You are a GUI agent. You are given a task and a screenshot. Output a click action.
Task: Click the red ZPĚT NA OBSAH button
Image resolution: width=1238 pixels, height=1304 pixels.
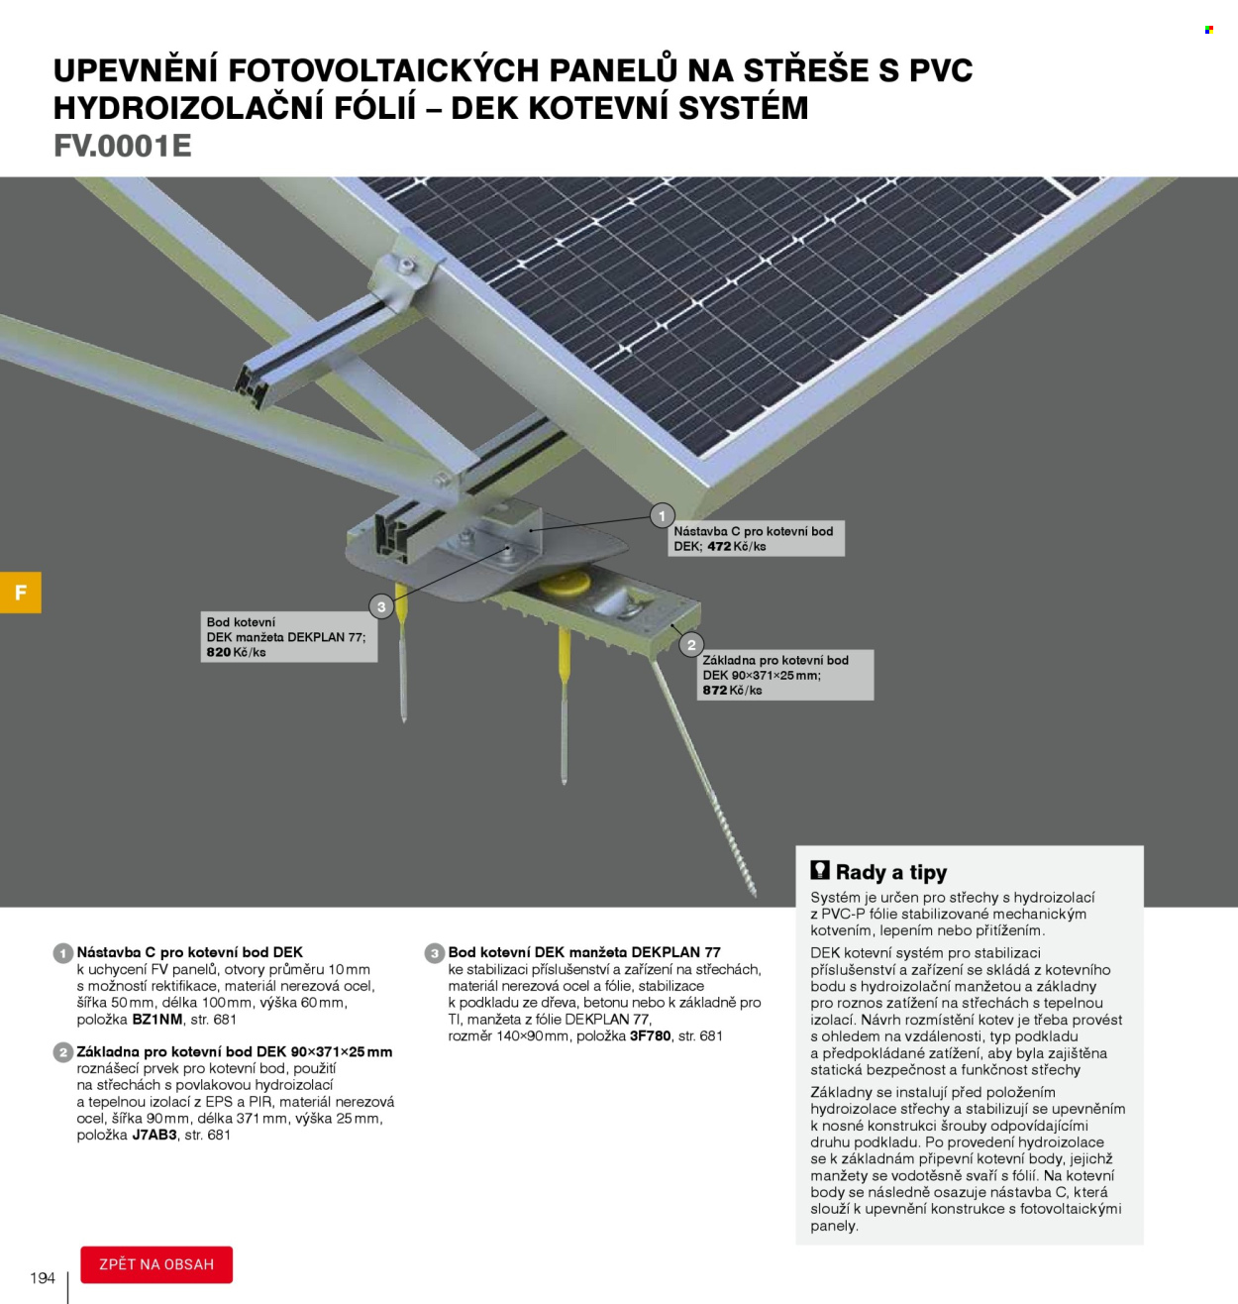pos(156,1264)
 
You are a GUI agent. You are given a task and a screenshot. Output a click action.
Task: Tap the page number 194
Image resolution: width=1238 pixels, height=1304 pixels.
pos(43,1278)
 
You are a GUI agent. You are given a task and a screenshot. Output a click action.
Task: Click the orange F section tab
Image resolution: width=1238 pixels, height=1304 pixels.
pos(21,593)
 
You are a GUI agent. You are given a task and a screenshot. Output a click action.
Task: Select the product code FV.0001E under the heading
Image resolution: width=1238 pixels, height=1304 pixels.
pos(123,146)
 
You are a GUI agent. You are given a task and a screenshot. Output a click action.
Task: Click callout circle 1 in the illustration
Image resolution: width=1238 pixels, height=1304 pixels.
pos(662,515)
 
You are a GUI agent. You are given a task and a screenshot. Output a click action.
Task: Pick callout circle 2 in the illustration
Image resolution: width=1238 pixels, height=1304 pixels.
pos(691,644)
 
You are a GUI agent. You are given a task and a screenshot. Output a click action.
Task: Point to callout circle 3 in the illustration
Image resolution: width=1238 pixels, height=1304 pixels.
pos(381,606)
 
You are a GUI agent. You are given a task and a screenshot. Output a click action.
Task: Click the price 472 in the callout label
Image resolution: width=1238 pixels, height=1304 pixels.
pos(719,547)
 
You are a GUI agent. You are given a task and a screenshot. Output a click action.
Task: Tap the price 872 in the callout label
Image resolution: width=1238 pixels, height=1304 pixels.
pos(715,690)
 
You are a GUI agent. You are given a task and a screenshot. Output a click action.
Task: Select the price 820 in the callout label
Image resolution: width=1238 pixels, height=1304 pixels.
pos(219,652)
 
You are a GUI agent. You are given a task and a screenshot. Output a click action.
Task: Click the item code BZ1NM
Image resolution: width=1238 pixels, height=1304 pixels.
pos(157,1019)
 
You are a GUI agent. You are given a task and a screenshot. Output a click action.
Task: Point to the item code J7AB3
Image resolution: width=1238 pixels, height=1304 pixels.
pos(155,1135)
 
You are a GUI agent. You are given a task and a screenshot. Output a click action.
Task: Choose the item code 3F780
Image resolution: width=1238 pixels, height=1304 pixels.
pos(651,1035)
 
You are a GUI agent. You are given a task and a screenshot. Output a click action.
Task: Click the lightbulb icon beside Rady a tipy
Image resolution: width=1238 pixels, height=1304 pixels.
pos(820,870)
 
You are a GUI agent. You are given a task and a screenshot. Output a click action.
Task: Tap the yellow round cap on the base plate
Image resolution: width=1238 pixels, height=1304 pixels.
pos(565,585)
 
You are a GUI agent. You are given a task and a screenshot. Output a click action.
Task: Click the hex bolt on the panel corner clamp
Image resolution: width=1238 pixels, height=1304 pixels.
pos(406,266)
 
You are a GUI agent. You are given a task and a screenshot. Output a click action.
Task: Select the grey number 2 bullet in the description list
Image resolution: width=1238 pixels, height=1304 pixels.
pos(63,1052)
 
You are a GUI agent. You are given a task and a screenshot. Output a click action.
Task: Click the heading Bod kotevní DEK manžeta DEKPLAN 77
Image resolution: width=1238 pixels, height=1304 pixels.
pos(584,952)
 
